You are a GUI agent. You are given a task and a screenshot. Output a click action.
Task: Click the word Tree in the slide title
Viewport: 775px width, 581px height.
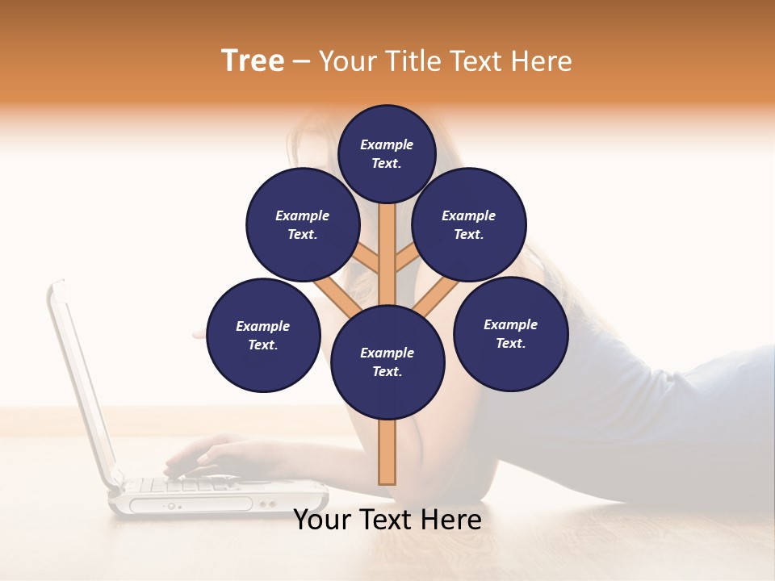[x=253, y=61]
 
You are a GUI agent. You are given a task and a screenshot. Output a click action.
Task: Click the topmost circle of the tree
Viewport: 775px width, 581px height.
[x=387, y=153]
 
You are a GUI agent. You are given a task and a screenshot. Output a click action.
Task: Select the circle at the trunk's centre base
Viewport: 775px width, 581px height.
[x=387, y=362]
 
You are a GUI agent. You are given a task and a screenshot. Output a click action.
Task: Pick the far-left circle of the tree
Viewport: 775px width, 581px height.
[x=263, y=335]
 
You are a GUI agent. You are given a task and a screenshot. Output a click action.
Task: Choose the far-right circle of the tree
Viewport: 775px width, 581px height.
[x=510, y=333]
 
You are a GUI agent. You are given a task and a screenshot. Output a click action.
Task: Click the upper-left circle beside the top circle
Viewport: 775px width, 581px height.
[x=303, y=224]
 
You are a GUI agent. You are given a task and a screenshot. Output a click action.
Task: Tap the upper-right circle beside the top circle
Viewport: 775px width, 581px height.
[x=469, y=224]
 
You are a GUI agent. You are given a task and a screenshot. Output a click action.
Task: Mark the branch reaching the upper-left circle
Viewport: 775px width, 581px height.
[x=367, y=259]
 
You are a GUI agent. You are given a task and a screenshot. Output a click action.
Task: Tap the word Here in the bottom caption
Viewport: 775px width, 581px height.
[x=454, y=520]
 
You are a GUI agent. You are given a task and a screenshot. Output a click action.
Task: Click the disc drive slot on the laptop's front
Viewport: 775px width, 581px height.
[x=194, y=505]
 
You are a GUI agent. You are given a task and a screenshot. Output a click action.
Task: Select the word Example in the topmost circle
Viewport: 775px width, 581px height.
[x=387, y=144]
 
